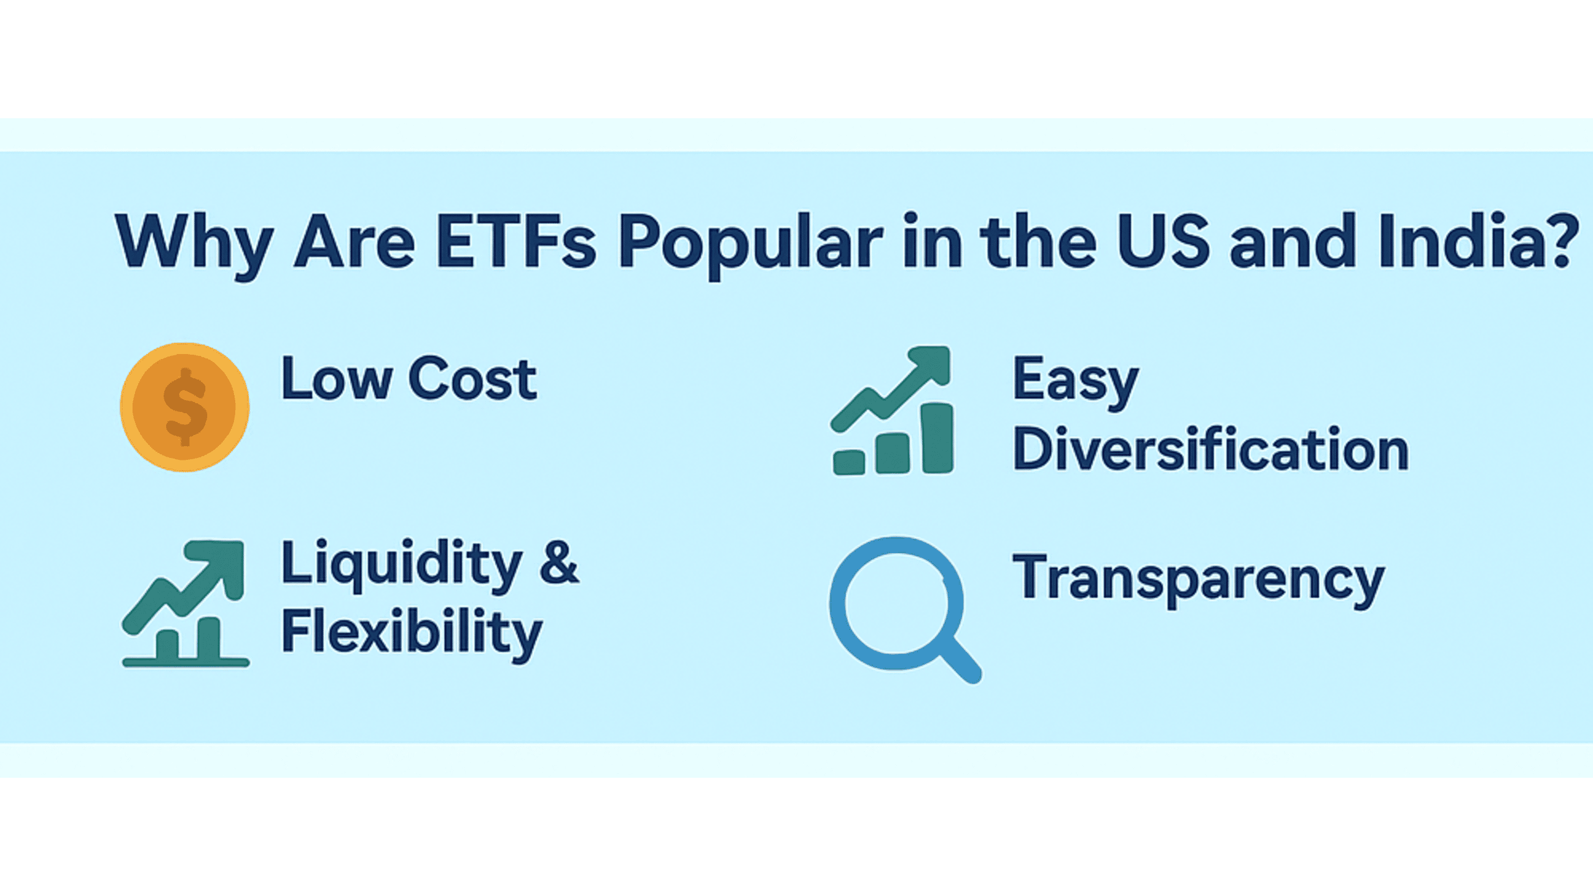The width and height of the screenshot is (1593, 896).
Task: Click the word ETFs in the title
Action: (x=516, y=242)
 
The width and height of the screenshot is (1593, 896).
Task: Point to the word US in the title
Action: (x=1163, y=242)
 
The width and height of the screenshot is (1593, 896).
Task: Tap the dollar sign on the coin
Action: (x=185, y=407)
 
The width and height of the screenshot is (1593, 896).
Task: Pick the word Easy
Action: (x=1075, y=381)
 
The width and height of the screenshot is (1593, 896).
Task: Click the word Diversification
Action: (x=1210, y=449)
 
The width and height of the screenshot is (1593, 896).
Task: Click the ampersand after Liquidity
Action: (x=559, y=562)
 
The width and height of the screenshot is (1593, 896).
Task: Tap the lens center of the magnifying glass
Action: (x=895, y=604)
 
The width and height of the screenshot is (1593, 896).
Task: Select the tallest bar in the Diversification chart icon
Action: (x=937, y=438)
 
